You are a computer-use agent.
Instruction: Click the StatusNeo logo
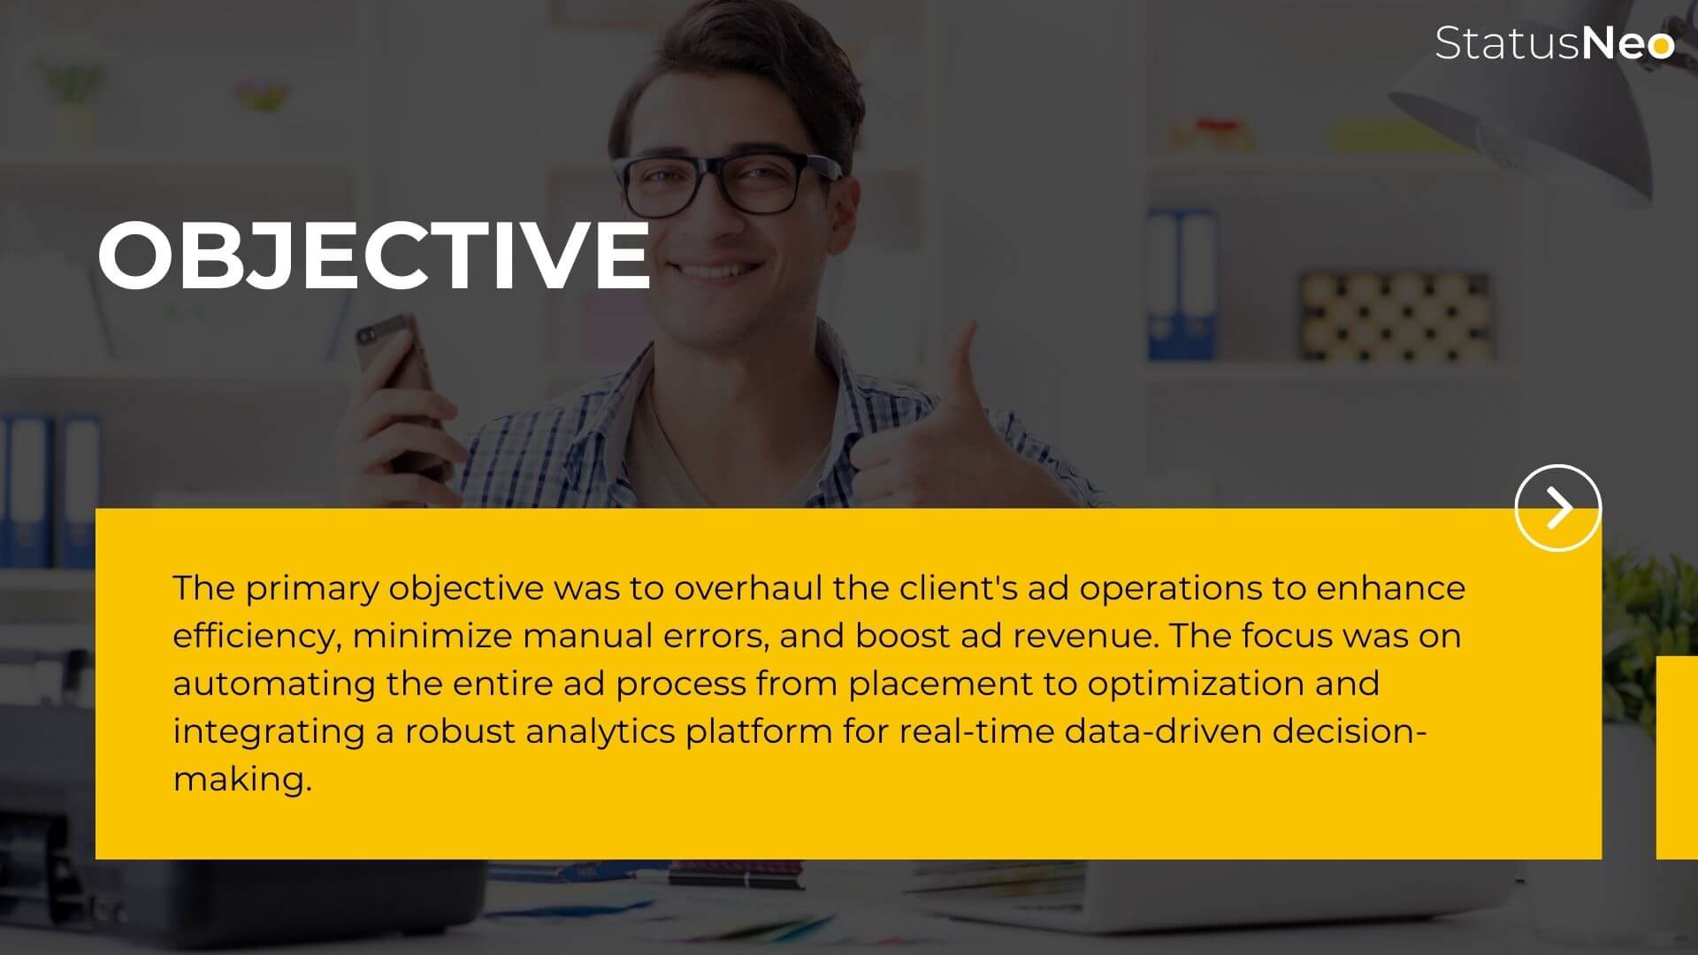coord(1554,43)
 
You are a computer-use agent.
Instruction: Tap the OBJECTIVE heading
coord(374,255)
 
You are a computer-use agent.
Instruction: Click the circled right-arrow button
coord(1557,508)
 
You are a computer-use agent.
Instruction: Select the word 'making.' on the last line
coord(242,779)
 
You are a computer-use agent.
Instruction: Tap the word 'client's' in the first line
coord(959,588)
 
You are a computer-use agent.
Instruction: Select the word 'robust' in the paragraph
coord(460,731)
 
